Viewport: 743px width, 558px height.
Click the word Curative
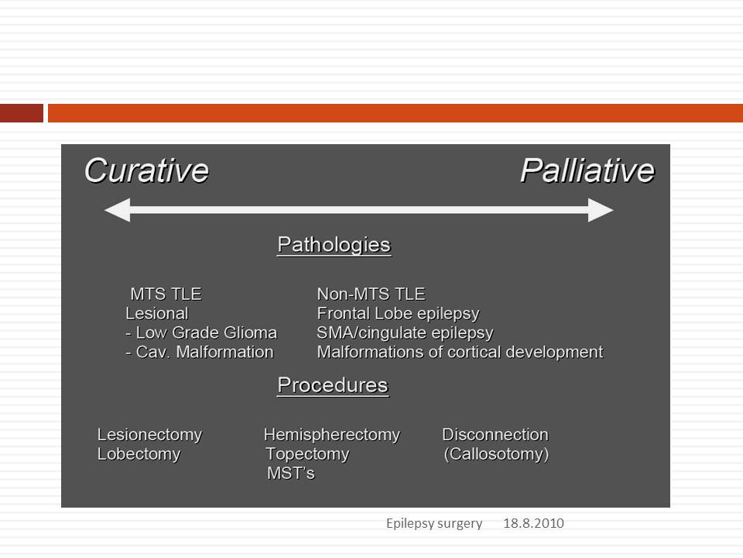click(146, 170)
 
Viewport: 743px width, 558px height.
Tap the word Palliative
click(587, 170)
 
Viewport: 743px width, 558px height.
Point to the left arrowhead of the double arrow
click(117, 210)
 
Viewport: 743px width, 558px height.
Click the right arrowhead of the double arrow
click(601, 210)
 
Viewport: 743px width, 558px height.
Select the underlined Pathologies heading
click(334, 246)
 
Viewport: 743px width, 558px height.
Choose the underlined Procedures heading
click(333, 385)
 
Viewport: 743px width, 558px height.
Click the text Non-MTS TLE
click(371, 294)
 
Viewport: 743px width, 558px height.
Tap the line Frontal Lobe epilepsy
click(398, 314)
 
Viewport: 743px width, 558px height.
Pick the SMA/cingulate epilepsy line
click(405, 333)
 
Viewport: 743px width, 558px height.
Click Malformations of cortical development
click(460, 352)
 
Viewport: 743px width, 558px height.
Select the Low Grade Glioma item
click(201, 332)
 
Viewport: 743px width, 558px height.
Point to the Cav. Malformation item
click(200, 352)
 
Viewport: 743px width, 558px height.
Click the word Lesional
click(157, 314)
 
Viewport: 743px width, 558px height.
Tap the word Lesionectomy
click(149, 435)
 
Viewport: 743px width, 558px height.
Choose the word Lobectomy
click(139, 454)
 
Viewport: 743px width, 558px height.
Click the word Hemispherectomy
click(332, 435)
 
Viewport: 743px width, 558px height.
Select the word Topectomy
click(307, 454)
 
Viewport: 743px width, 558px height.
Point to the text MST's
click(291, 474)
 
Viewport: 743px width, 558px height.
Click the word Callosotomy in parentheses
click(496, 454)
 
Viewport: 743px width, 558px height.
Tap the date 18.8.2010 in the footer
click(533, 523)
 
